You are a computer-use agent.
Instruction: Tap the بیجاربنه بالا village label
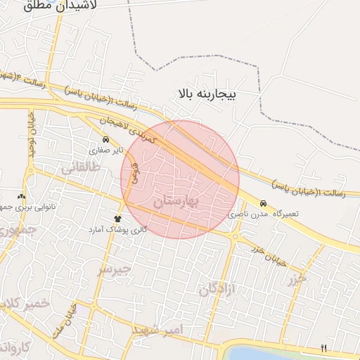209,93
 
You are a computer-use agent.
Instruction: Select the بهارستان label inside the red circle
176,201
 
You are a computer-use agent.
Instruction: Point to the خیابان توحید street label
32,134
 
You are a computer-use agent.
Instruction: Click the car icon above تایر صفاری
105,139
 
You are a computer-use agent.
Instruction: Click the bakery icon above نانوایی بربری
21,197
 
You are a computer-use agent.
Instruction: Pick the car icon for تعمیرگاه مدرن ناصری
263,202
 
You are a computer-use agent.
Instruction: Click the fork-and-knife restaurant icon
323,347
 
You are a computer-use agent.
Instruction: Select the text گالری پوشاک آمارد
118,230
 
